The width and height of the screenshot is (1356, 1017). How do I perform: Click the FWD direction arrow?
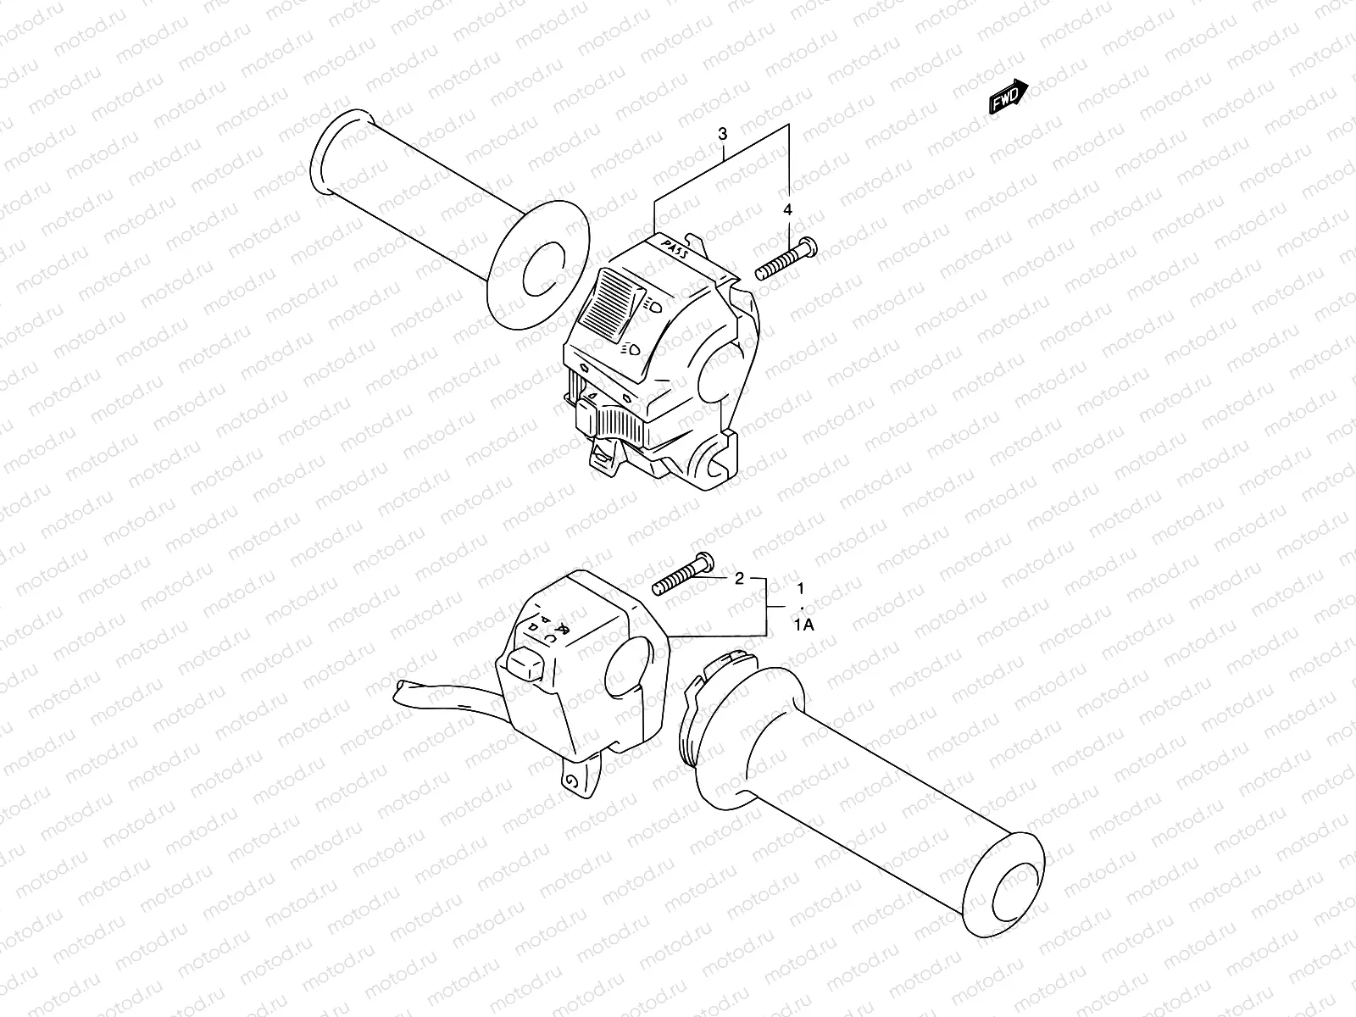tap(1009, 97)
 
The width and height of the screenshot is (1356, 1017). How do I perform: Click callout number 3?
tap(722, 134)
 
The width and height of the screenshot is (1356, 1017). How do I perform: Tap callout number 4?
tap(787, 209)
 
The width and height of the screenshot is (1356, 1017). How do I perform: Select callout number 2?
tap(738, 579)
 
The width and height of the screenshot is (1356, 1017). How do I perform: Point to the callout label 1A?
tap(803, 625)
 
